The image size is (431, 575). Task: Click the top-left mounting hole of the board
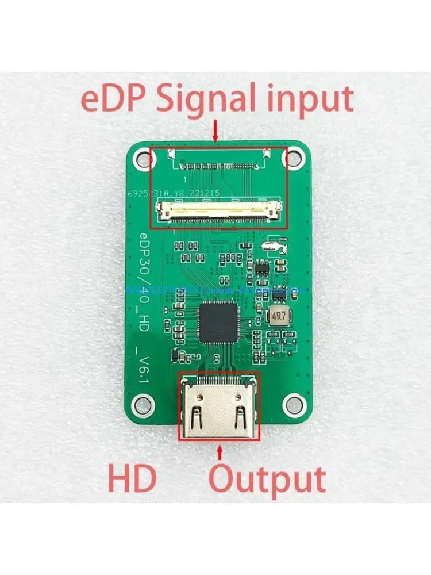point(140,156)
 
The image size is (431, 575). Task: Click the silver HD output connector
point(219,407)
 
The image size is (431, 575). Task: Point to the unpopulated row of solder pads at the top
point(218,167)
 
